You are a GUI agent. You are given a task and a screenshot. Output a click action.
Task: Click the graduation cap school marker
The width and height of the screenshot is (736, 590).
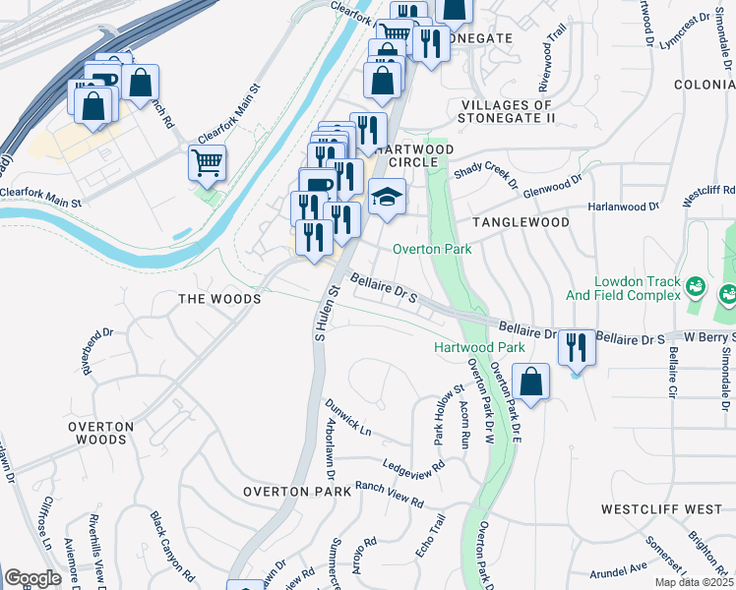pos(387,198)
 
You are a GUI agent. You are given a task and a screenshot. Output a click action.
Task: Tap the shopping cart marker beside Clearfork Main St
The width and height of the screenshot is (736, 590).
pos(208,163)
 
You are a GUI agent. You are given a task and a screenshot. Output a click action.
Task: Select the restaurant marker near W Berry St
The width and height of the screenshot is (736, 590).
pos(576,348)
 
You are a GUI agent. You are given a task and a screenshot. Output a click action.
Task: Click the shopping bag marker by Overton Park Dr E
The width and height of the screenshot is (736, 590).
pos(530,383)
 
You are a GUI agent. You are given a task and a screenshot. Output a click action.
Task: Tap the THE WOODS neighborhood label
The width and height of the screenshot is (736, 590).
pos(219,298)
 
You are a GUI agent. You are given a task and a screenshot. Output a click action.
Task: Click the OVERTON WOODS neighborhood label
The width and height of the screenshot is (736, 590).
pos(100,433)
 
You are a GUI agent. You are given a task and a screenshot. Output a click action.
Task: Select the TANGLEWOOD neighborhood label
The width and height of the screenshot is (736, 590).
pos(521,223)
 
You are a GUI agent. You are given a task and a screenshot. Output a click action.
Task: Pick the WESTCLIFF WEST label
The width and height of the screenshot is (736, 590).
pos(660,509)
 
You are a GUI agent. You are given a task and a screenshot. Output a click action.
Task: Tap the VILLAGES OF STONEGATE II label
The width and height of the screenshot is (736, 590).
pos(508,111)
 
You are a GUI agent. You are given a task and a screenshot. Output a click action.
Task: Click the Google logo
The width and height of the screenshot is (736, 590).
pos(32,578)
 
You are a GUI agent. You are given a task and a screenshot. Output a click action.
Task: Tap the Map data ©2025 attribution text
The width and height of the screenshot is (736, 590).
pos(693,582)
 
